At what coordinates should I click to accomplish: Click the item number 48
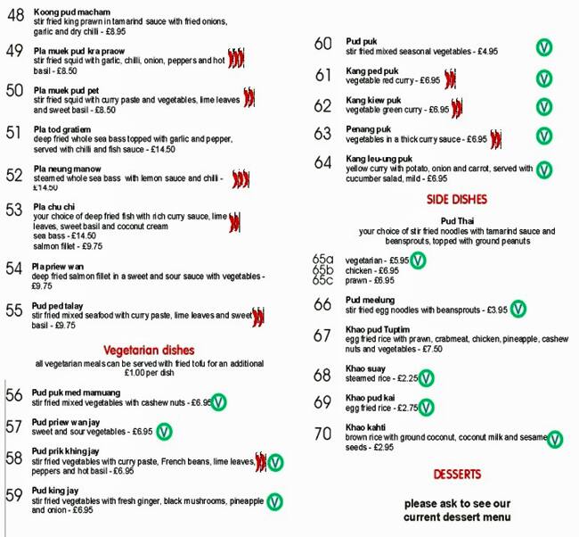pyautogui.click(x=15, y=15)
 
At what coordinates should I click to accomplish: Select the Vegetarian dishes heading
pyautogui.click(x=149, y=351)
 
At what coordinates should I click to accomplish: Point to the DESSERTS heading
pyautogui.click(x=457, y=474)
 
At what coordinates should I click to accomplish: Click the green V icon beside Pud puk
pyautogui.click(x=542, y=45)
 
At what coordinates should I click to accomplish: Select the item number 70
pyautogui.click(x=322, y=435)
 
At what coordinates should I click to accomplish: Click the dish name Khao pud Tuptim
pyautogui.click(x=378, y=330)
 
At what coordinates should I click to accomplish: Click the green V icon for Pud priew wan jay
pyautogui.click(x=164, y=432)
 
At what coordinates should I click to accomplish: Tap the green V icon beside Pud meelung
pyautogui.click(x=518, y=310)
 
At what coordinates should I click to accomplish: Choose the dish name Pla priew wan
pyautogui.click(x=58, y=267)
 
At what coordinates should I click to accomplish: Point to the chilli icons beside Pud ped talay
pyautogui.click(x=258, y=315)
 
